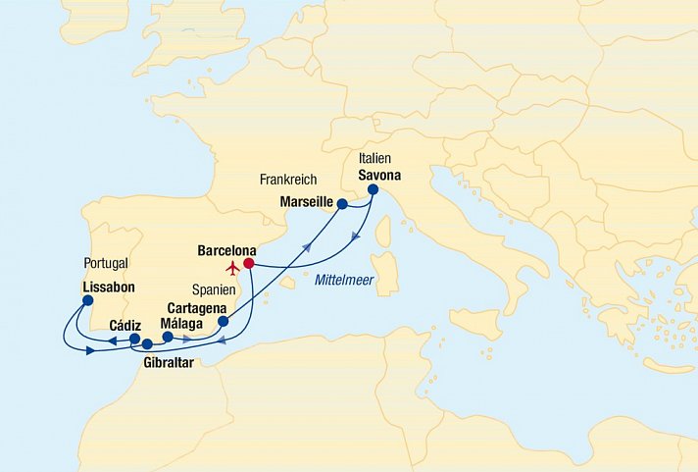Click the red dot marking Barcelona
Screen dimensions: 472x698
point(249,263)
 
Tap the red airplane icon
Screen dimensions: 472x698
point(232,267)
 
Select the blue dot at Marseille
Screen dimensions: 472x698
point(342,204)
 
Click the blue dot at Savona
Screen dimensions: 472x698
point(373,189)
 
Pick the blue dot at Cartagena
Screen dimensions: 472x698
point(223,321)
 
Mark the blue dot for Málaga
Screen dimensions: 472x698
point(168,337)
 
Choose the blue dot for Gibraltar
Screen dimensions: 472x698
point(147,344)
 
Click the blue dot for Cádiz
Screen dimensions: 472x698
point(134,339)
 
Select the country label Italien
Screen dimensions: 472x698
point(376,157)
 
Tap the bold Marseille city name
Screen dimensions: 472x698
point(308,201)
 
